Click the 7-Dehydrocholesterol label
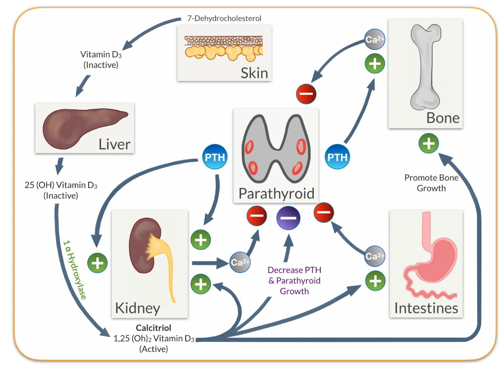[224, 18]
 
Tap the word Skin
[254, 73]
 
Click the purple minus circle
[288, 218]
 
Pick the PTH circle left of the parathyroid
[215, 157]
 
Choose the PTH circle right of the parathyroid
[337, 157]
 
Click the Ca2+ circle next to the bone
[375, 39]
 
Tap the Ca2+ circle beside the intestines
[375, 256]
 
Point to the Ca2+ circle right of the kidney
[240, 262]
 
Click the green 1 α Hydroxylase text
[75, 270]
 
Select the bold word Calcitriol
[154, 328]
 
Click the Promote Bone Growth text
[431, 183]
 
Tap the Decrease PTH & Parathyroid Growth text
[294, 280]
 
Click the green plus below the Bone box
[429, 143]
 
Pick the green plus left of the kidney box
[97, 263]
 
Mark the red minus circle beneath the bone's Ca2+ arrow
[306, 94]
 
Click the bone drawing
[425, 67]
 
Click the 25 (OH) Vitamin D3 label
[61, 190]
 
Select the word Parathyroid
[276, 193]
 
